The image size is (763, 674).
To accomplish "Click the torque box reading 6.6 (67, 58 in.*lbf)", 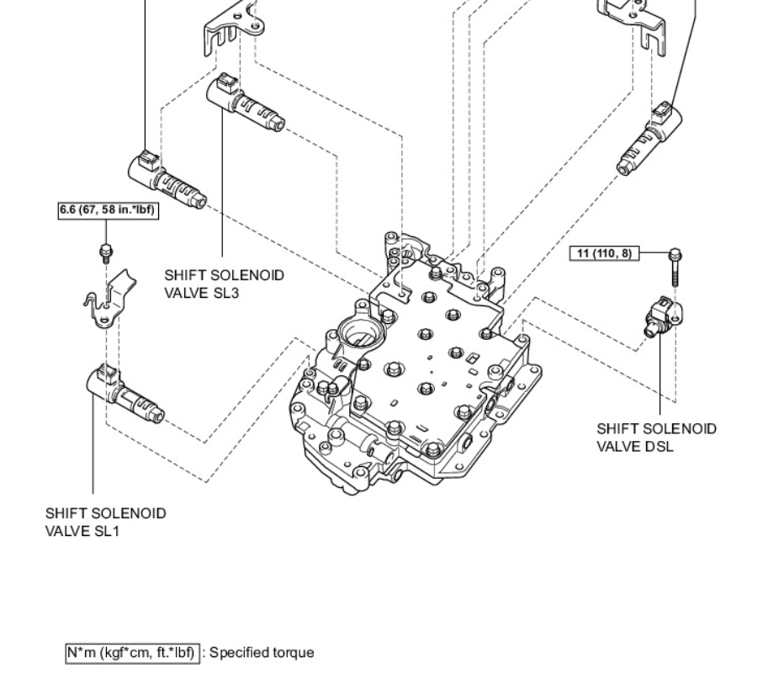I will click(107, 210).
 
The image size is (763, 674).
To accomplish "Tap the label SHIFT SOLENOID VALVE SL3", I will click(224, 284).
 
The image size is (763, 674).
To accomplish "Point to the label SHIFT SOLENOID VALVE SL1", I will click(105, 522).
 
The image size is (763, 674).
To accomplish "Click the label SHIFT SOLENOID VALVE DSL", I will click(656, 438).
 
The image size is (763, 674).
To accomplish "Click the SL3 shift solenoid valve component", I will click(244, 105).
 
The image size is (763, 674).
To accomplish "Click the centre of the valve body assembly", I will click(412, 370).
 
